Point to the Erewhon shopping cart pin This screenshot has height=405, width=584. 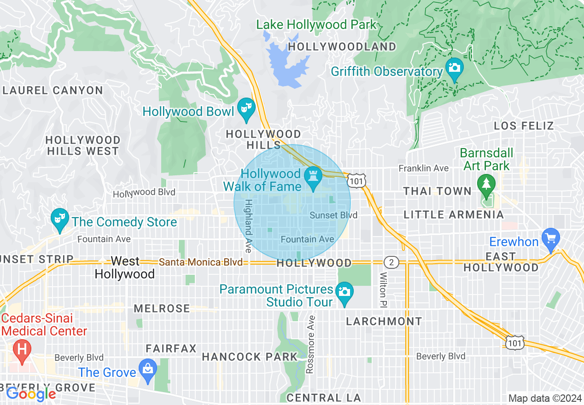point(551,239)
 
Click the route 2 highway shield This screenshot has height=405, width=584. point(391,262)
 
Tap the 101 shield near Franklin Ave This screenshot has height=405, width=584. point(356,181)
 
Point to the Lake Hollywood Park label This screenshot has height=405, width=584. point(316,24)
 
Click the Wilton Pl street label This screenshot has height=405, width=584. point(383,290)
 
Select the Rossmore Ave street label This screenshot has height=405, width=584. point(312,344)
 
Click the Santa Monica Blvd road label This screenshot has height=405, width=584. point(200,262)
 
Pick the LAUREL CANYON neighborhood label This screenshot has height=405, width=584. point(53,90)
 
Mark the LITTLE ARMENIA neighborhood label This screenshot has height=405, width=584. point(454,214)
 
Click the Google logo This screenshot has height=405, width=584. point(30,394)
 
